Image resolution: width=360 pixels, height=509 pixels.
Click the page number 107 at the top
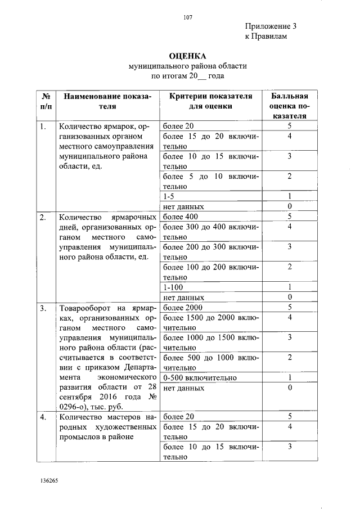click(188, 17)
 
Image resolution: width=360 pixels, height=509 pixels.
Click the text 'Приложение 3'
click(271, 26)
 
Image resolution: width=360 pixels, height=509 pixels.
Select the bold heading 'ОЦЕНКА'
click(188, 56)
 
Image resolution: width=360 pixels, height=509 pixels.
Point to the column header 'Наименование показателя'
click(107, 101)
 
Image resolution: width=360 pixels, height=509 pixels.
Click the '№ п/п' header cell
click(46, 101)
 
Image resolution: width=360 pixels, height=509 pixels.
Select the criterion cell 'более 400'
click(180, 217)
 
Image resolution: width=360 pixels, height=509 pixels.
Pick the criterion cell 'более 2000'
click(182, 307)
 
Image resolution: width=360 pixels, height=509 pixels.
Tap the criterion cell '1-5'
click(169, 196)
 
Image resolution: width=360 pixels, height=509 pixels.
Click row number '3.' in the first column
click(43, 308)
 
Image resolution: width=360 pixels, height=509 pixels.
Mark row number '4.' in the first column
click(43, 417)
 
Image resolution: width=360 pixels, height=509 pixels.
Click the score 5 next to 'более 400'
click(289, 217)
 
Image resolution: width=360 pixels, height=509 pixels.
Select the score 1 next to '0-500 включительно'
click(289, 377)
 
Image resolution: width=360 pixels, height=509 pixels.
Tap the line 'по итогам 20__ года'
click(188, 76)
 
